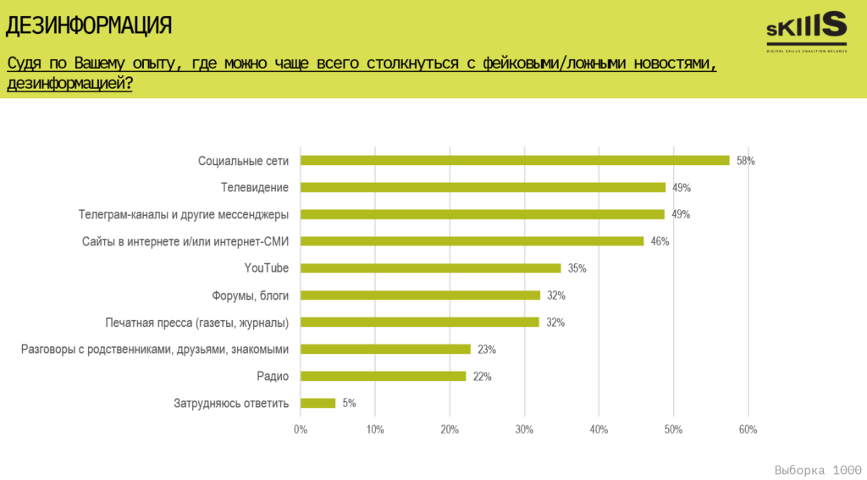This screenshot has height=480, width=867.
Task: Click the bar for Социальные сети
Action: pyautogui.click(x=515, y=160)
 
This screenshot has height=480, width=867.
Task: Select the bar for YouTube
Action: pyautogui.click(x=431, y=268)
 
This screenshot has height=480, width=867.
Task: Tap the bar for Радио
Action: pyautogui.click(x=384, y=376)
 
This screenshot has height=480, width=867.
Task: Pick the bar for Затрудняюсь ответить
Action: pyautogui.click(x=318, y=403)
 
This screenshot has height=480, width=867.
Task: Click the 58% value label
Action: pyautogui.click(x=745, y=161)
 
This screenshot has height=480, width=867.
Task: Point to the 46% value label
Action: pyautogui.click(x=660, y=241)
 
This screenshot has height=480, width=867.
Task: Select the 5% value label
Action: pyautogui.click(x=349, y=404)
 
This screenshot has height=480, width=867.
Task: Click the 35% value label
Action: pyautogui.click(x=577, y=268)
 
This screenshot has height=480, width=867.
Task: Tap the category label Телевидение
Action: pyautogui.click(x=255, y=187)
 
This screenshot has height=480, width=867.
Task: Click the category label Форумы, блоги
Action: pyautogui.click(x=251, y=295)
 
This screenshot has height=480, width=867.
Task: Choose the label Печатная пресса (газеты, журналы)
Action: pyautogui.click(x=197, y=323)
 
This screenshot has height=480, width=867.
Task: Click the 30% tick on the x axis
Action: pyautogui.click(x=524, y=430)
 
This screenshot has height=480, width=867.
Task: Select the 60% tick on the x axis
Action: pyautogui.click(x=748, y=430)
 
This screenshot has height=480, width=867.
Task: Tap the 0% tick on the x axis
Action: pyautogui.click(x=301, y=430)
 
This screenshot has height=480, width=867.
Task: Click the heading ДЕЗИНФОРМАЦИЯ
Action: pyautogui.click(x=89, y=25)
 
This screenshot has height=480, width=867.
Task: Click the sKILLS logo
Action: pyautogui.click(x=806, y=31)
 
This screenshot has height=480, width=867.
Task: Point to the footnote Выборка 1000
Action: pyautogui.click(x=818, y=469)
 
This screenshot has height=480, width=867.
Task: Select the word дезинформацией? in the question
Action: pyautogui.click(x=69, y=84)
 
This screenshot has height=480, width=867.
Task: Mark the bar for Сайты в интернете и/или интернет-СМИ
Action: pyautogui.click(x=472, y=241)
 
